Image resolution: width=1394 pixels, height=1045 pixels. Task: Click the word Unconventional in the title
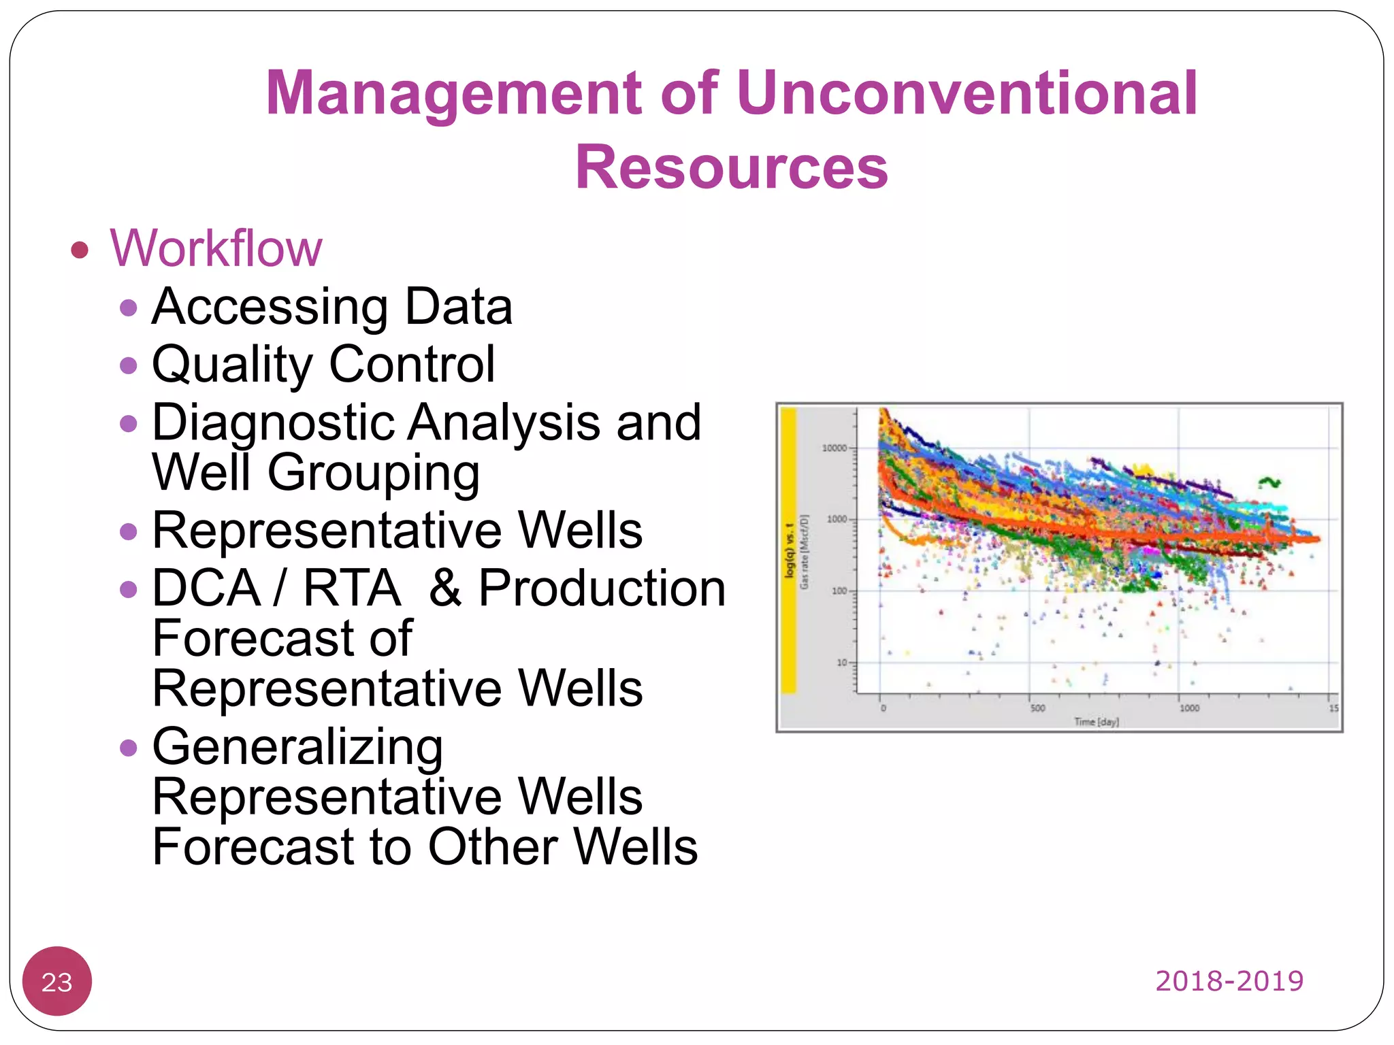tap(967, 93)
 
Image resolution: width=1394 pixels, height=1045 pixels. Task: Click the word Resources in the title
tap(732, 167)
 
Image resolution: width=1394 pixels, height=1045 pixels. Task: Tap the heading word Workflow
tap(216, 248)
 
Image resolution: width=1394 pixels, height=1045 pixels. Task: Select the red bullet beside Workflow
tap(80, 250)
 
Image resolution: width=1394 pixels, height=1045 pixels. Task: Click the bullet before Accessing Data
tap(128, 308)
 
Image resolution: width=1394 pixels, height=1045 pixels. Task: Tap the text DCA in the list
tap(206, 588)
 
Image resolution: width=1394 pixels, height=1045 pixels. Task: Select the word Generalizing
tap(297, 747)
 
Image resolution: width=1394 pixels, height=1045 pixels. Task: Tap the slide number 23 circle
tap(57, 981)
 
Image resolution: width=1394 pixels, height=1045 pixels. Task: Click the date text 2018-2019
tap(1229, 981)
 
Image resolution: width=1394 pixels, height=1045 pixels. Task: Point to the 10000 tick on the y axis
tap(834, 448)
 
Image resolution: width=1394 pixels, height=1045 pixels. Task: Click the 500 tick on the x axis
tap(1037, 708)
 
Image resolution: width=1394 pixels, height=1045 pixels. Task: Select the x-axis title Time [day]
tap(1096, 722)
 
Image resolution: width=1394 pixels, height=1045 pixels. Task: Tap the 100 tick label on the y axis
tap(839, 591)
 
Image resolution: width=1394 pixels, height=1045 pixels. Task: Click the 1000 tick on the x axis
tap(1189, 708)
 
